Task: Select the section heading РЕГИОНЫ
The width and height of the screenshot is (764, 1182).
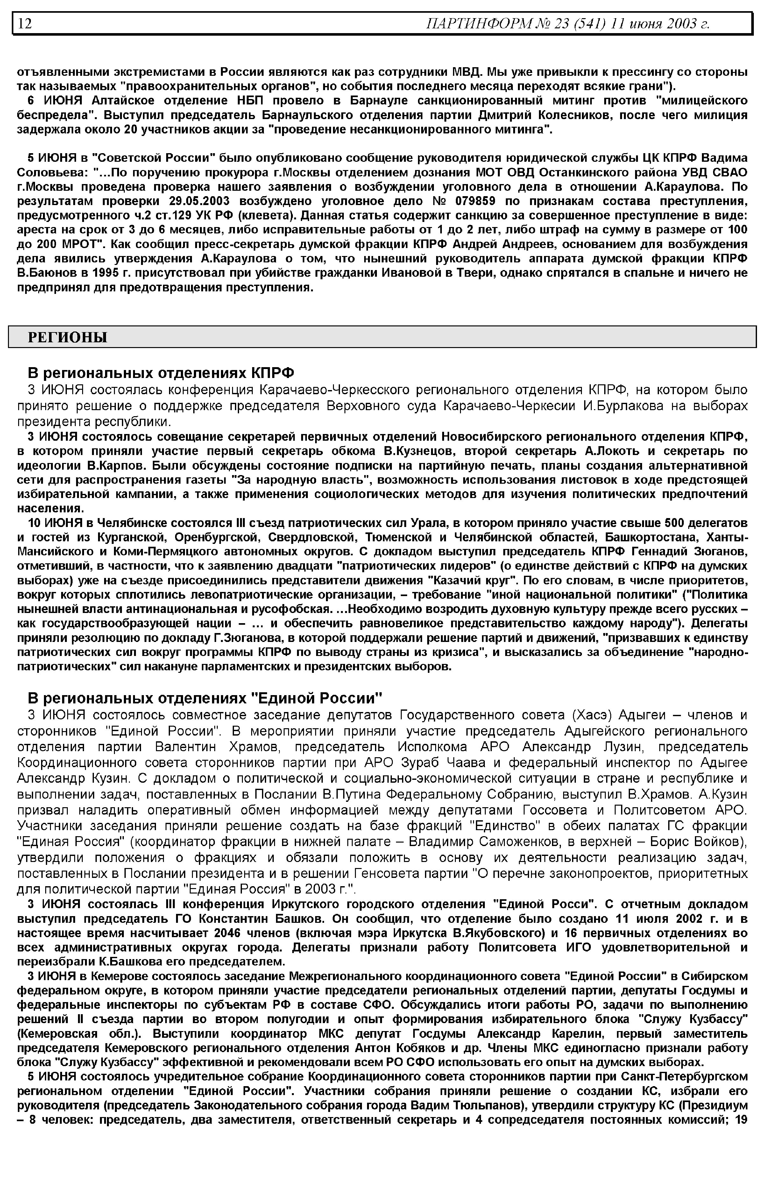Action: coord(67,338)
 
